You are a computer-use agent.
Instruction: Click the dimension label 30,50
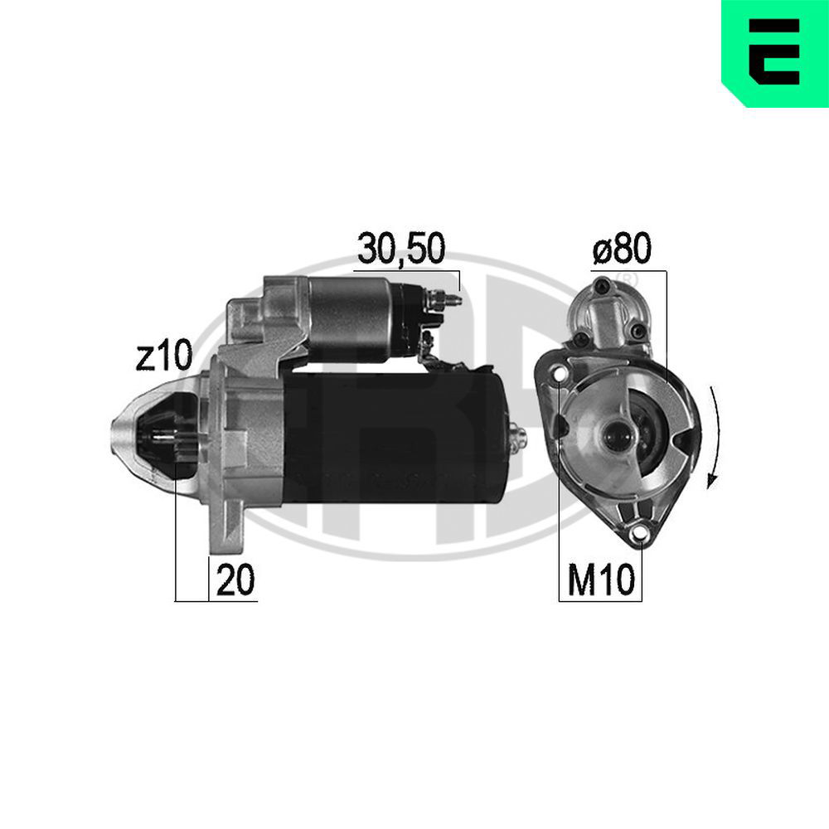pyautogui.click(x=401, y=249)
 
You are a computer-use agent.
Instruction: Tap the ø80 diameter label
pyautogui.click(x=623, y=249)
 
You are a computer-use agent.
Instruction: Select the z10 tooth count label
pyautogui.click(x=163, y=356)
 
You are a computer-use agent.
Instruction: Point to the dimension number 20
pyautogui.click(x=235, y=579)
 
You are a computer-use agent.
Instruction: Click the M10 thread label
pyautogui.click(x=600, y=579)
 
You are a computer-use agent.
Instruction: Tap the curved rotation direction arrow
pyautogui.click(x=714, y=437)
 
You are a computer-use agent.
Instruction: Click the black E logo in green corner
pyautogui.click(x=773, y=51)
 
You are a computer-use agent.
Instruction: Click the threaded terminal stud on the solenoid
pyautogui.click(x=446, y=300)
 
